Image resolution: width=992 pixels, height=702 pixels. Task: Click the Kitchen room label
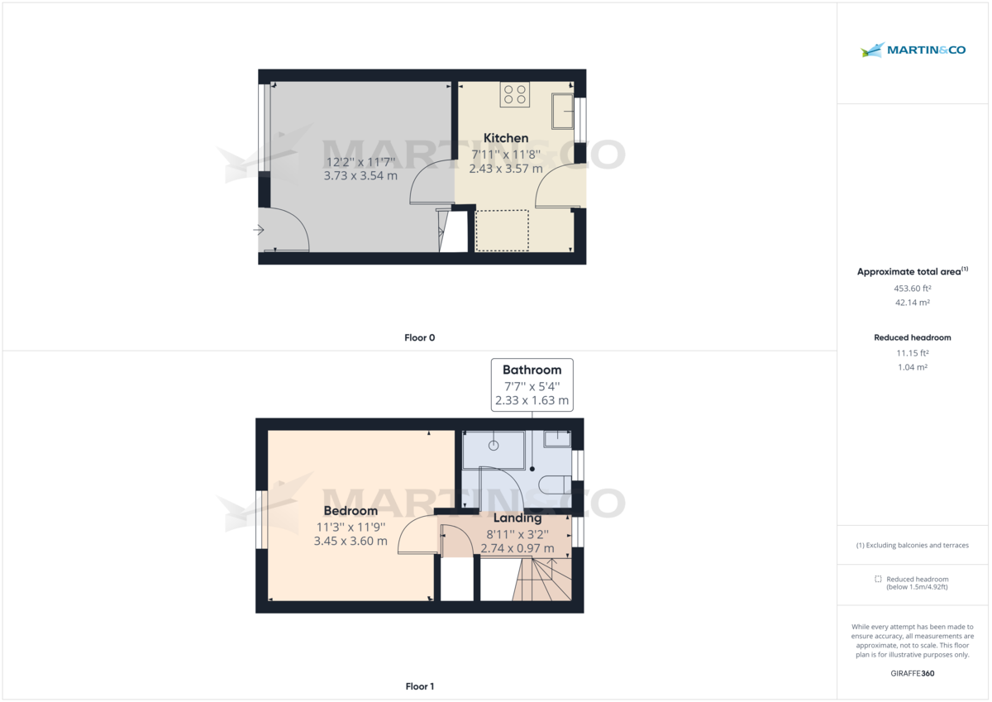(506, 138)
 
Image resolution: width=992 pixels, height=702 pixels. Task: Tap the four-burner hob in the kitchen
(514, 95)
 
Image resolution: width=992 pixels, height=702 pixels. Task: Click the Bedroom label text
(351, 511)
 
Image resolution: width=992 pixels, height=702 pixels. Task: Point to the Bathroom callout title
(532, 370)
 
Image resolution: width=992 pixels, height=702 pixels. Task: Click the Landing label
(517, 518)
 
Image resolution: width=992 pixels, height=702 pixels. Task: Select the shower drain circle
(494, 446)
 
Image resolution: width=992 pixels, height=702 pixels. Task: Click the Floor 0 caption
(420, 337)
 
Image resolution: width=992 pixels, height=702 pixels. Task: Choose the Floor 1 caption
(420, 686)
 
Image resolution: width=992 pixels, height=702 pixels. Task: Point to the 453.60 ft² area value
(912, 289)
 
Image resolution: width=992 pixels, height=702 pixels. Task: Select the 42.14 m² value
(912, 303)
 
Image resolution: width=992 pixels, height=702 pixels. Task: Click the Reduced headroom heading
(912, 337)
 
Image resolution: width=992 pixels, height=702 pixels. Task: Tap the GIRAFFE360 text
(912, 674)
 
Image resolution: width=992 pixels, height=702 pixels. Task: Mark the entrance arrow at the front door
(259, 230)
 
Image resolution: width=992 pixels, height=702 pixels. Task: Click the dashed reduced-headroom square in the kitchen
(503, 230)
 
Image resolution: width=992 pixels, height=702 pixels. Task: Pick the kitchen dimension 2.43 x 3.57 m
(506, 169)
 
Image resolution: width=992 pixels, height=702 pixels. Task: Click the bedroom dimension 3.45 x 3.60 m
(351, 542)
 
